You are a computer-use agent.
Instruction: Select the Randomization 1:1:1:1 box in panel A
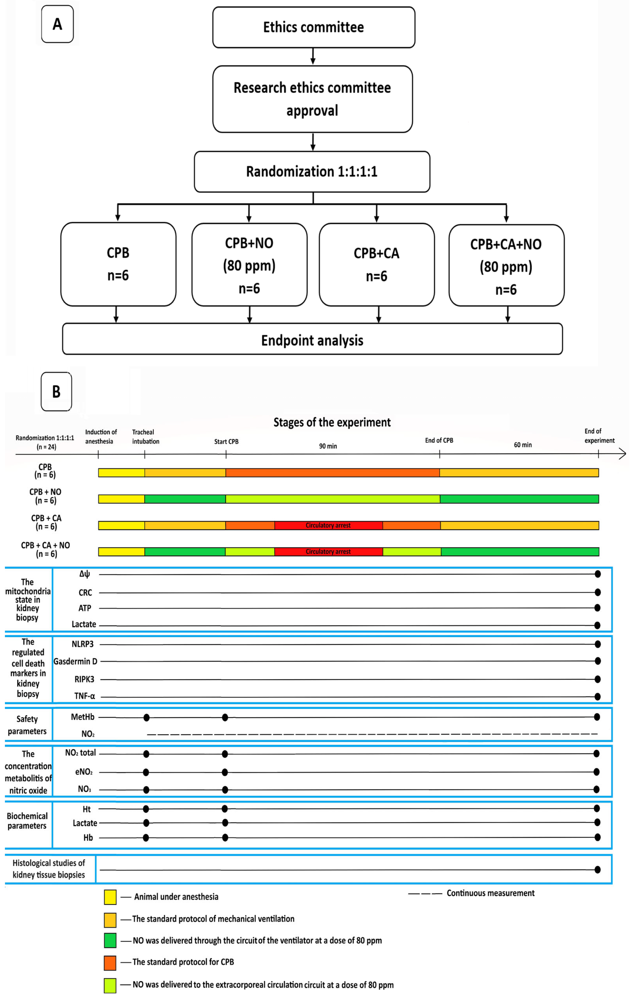pos(312,171)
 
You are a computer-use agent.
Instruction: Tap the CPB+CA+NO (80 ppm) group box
pos(506,266)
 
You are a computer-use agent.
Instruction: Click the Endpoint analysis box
pos(312,340)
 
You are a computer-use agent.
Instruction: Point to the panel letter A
pos(57,24)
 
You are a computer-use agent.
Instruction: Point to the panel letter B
pos(56,391)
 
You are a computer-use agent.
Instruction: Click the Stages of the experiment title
pos(332,422)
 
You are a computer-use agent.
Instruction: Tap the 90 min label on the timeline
pos(328,446)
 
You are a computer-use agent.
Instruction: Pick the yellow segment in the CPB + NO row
pos(121,499)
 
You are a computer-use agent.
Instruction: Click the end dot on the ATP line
pos(597,608)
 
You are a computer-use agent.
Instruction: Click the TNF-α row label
pos(84,696)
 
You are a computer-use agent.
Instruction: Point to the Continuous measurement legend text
pos(490,893)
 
